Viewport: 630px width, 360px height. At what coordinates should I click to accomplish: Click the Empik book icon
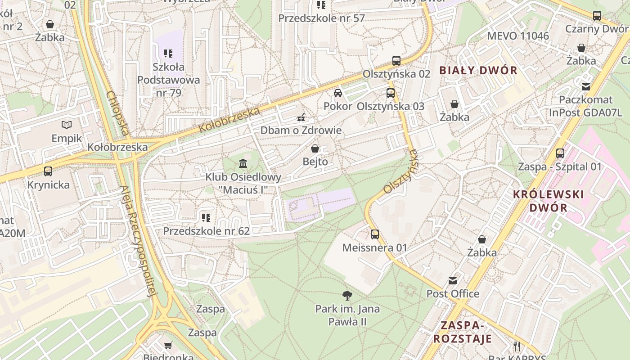pyautogui.click(x=67, y=125)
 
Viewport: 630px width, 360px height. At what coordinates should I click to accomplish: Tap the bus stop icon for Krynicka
pyautogui.click(x=48, y=171)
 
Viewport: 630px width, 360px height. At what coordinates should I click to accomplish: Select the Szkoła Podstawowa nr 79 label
pyautogui.click(x=168, y=80)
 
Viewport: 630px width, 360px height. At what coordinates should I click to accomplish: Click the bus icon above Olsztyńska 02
pyautogui.click(x=396, y=61)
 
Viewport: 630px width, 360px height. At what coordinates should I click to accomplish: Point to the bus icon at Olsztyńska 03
pyautogui.click(x=391, y=93)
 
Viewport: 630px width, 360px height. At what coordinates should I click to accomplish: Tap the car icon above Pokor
pyautogui.click(x=338, y=93)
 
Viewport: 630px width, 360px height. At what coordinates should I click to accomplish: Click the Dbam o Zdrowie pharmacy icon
pyautogui.click(x=301, y=117)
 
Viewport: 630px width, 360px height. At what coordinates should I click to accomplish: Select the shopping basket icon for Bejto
pyautogui.click(x=315, y=148)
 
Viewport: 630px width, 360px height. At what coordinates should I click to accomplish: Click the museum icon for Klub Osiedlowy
pyautogui.click(x=243, y=163)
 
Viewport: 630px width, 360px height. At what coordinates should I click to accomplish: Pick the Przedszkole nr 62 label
pyautogui.click(x=206, y=231)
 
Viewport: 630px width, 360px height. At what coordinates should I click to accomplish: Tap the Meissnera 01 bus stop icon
pyautogui.click(x=375, y=234)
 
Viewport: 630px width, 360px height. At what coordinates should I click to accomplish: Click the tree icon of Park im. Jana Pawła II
pyautogui.click(x=347, y=296)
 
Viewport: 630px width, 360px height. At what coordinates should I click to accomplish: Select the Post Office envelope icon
pyautogui.click(x=453, y=281)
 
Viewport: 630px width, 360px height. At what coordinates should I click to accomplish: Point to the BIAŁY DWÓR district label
pyautogui.click(x=478, y=70)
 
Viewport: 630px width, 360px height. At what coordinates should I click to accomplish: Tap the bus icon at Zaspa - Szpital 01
pyautogui.click(x=560, y=153)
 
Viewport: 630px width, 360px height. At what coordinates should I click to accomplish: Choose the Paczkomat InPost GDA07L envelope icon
pyautogui.click(x=586, y=86)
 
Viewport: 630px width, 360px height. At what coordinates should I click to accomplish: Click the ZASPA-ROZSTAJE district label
pyautogui.click(x=466, y=332)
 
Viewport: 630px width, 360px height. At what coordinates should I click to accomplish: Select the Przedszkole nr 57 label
pyautogui.click(x=321, y=18)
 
